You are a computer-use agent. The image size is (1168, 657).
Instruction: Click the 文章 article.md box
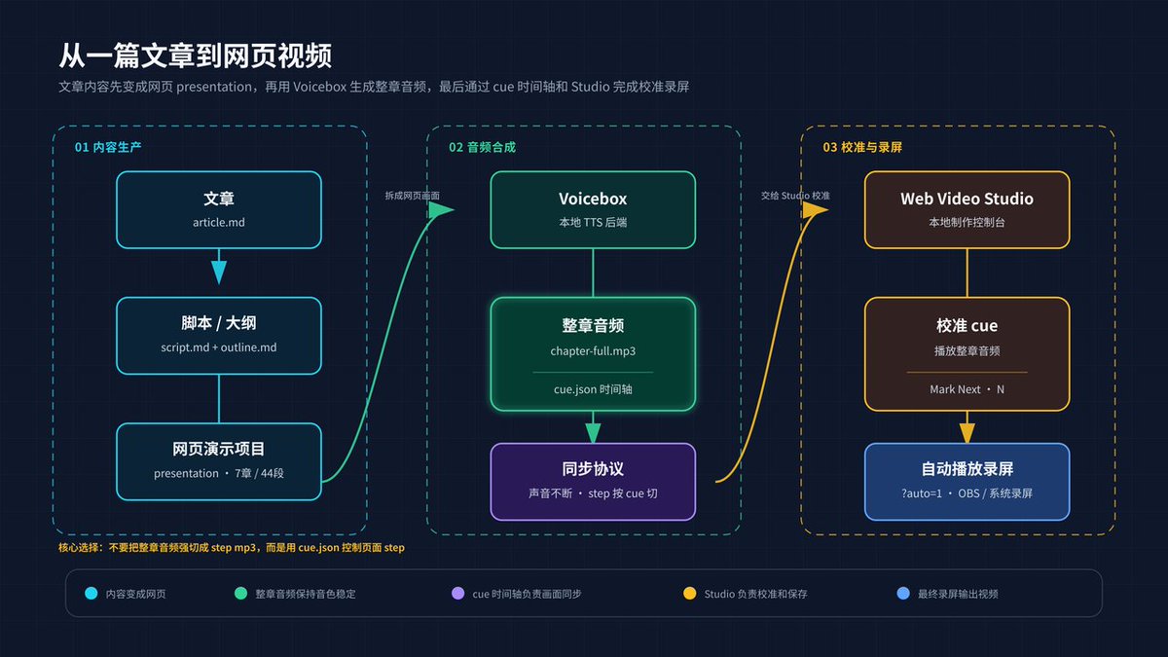click(218, 209)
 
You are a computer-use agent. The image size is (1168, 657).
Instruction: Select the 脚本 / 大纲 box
click(218, 336)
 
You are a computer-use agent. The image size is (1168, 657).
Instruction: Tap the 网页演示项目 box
click(218, 461)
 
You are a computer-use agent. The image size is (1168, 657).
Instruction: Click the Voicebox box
click(593, 209)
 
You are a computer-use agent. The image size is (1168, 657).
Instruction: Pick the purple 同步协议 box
click(593, 482)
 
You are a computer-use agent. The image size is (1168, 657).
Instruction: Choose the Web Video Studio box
click(967, 209)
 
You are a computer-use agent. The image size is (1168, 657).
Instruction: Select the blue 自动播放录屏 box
click(967, 482)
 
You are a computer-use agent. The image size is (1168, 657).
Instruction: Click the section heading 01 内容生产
click(108, 147)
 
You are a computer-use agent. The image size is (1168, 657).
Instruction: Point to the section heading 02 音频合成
click(483, 147)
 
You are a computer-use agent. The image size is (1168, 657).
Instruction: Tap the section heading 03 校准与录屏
click(862, 147)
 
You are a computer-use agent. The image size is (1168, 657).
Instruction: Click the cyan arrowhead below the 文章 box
click(218, 273)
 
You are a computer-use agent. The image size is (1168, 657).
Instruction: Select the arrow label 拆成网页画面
click(412, 196)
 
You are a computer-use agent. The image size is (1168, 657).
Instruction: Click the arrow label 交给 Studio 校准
click(795, 196)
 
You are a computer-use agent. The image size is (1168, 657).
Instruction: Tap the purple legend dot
click(457, 594)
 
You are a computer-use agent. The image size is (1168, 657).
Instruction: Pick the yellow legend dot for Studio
click(689, 594)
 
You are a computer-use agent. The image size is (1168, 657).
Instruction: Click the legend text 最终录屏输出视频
click(958, 594)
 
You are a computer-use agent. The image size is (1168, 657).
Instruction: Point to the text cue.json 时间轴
click(593, 389)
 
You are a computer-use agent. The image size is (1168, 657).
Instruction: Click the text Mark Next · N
click(967, 389)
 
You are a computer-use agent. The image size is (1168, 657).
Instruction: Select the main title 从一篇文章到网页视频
click(195, 55)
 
